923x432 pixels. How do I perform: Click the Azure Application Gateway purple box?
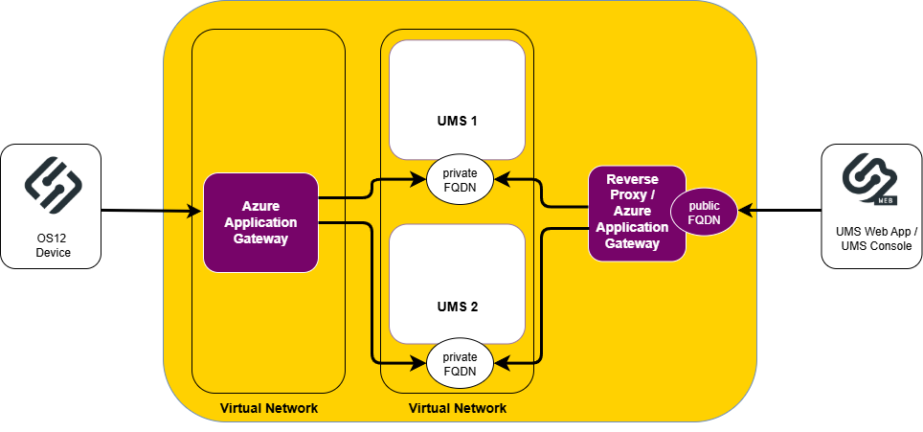pyautogui.click(x=260, y=222)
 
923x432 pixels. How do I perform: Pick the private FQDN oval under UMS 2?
pyautogui.click(x=460, y=363)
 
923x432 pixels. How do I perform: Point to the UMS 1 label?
pyautogui.click(x=457, y=122)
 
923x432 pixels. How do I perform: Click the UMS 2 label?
pyautogui.click(x=457, y=307)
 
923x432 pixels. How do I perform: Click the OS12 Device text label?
pyautogui.click(x=53, y=245)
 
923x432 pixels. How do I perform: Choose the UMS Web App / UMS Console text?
pyautogui.click(x=871, y=240)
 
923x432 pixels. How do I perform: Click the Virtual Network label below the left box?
pyautogui.click(x=268, y=409)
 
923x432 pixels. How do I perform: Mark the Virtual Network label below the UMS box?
pyautogui.click(x=457, y=409)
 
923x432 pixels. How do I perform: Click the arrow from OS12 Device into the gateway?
pyautogui.click(x=182, y=209)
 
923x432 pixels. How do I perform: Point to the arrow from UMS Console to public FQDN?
pyautogui.click(x=749, y=209)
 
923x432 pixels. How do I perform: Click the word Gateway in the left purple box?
pyautogui.click(x=260, y=239)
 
